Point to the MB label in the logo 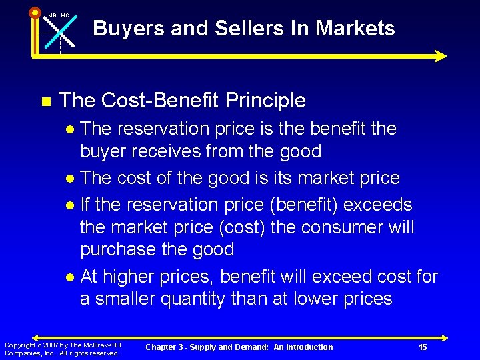[x=51, y=15]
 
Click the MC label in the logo [x=65, y=15]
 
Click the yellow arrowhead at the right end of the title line [x=441, y=57]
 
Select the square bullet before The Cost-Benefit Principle [x=45, y=102]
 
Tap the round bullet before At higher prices [x=71, y=277]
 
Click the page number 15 [x=423, y=347]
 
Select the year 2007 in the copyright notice [x=51, y=345]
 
